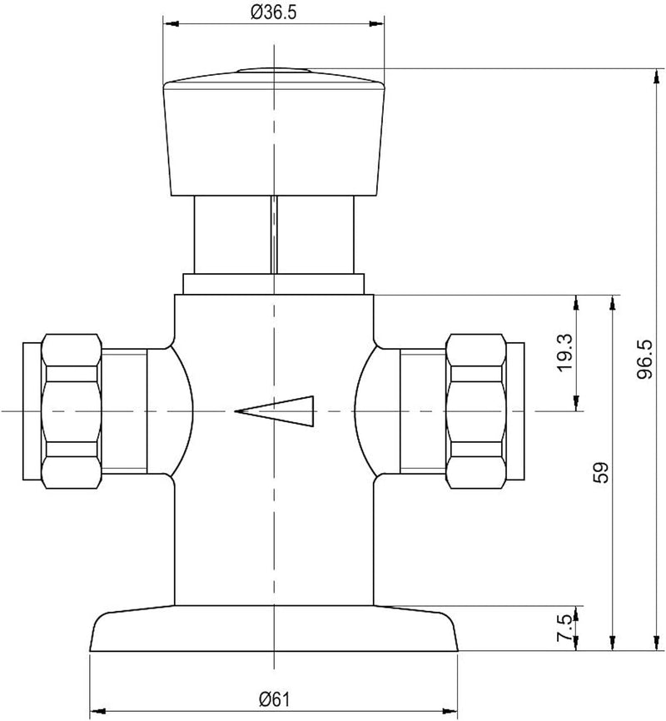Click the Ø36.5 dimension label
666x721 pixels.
pos(273,12)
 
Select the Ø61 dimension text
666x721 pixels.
pos(274,700)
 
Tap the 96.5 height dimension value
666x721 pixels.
pos(644,359)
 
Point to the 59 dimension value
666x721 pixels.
pos(601,472)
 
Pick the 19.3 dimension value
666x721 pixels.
pos(564,353)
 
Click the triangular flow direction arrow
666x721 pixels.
pos(275,411)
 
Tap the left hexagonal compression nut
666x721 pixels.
pos(72,411)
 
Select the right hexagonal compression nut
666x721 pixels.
pos(476,411)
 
